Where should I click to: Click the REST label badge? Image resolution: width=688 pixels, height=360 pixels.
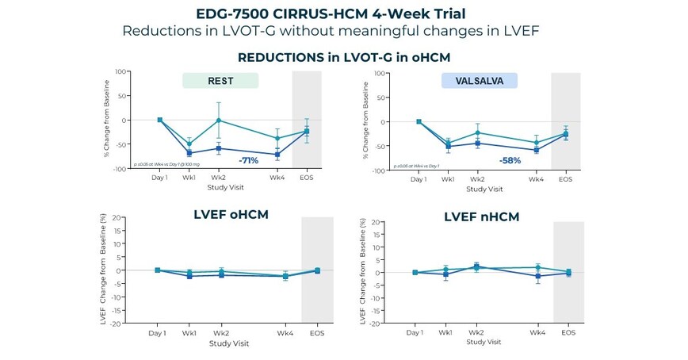220,80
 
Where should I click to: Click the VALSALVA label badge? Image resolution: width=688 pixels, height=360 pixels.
479,80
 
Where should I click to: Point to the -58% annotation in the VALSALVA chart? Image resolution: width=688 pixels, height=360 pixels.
511,161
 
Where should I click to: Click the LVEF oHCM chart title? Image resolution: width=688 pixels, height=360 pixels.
231,214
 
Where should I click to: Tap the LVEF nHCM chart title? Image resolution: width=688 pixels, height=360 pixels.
482,216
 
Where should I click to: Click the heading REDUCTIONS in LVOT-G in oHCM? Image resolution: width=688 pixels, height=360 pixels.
343,57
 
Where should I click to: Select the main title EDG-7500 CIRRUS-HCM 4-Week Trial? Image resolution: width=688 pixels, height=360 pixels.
343,13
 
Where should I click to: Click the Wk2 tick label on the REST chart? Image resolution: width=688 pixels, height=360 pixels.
219,178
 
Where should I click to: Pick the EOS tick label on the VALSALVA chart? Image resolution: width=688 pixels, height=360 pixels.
565,179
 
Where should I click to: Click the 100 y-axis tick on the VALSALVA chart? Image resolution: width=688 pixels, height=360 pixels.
379,74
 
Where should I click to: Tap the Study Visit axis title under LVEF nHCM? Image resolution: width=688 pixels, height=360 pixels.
484,342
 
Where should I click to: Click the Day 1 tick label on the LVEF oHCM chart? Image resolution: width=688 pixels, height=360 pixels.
157,334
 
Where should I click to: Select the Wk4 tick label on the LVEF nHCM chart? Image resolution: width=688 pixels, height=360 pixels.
537,333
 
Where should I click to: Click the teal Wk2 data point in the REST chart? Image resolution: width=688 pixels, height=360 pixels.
219,121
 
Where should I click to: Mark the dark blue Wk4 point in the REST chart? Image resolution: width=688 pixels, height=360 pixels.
277,155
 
